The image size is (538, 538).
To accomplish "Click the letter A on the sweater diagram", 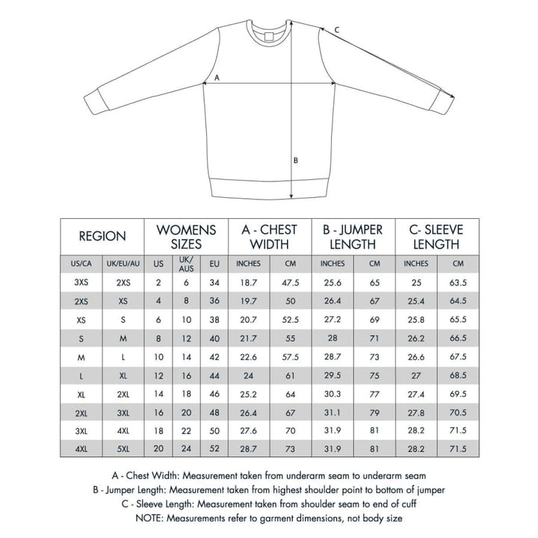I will pyautogui.click(x=217, y=77).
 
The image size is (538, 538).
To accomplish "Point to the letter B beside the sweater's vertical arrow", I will pyautogui.click(x=296, y=159).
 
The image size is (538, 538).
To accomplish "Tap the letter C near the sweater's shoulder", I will pyautogui.click(x=336, y=30).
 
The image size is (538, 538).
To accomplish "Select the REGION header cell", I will pyautogui.click(x=102, y=236).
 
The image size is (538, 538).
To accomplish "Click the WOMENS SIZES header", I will pyautogui.click(x=186, y=236).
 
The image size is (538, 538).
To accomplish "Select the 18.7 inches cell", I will pyautogui.click(x=248, y=283).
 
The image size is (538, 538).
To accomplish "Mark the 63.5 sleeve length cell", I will pyautogui.click(x=458, y=283).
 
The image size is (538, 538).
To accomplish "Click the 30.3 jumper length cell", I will pyautogui.click(x=333, y=393).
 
